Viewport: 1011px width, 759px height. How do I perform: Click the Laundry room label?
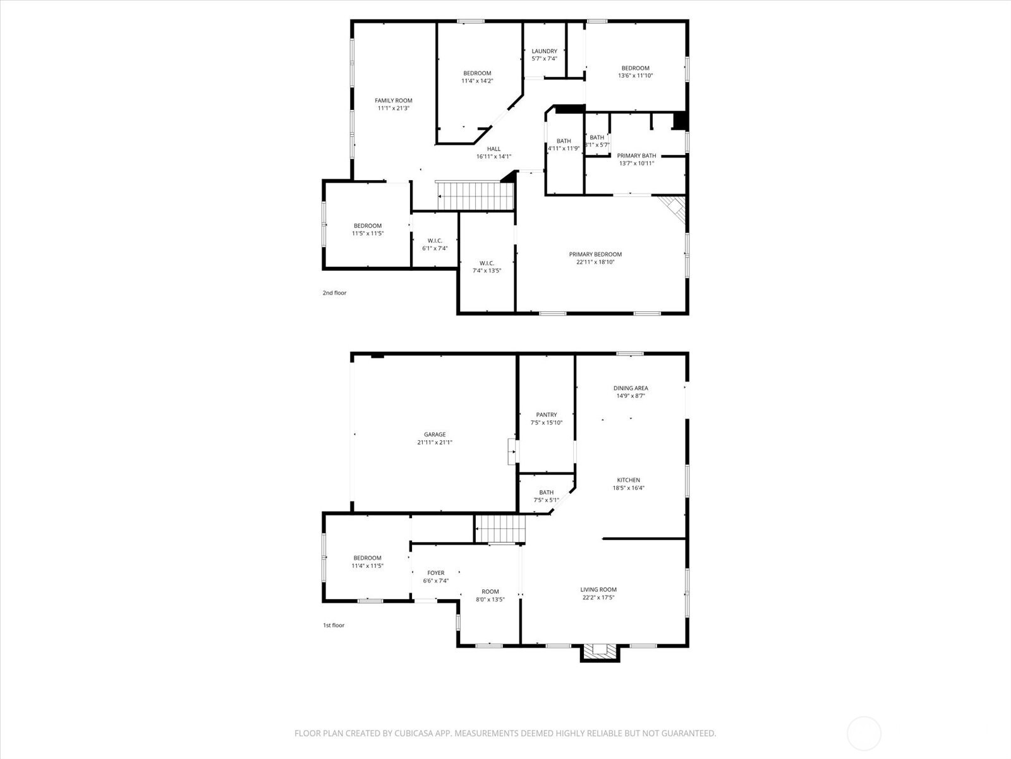[x=544, y=51]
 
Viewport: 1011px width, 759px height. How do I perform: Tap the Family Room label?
[x=393, y=101]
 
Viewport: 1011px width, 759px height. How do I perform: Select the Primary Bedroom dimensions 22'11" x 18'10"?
[x=595, y=262]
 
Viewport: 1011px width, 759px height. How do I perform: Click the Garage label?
[x=435, y=435]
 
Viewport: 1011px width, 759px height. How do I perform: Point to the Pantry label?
[x=546, y=415]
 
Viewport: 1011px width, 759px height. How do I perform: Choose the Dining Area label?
[x=630, y=388]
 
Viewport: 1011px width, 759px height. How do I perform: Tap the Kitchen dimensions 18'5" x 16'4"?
[x=628, y=488]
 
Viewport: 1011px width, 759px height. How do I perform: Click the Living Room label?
[x=598, y=589]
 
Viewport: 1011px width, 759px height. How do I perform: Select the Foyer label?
[x=435, y=573]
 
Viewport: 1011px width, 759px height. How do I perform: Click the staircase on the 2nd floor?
[x=475, y=195]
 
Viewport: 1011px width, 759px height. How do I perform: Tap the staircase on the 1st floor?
[x=500, y=529]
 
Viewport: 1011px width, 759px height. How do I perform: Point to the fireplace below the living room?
[x=599, y=652]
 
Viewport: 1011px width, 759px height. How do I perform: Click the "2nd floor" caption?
[x=334, y=293]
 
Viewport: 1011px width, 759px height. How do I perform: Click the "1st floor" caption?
[x=334, y=625]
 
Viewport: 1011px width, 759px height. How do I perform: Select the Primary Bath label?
[x=636, y=156]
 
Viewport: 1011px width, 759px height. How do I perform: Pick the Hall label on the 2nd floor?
[x=493, y=149]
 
